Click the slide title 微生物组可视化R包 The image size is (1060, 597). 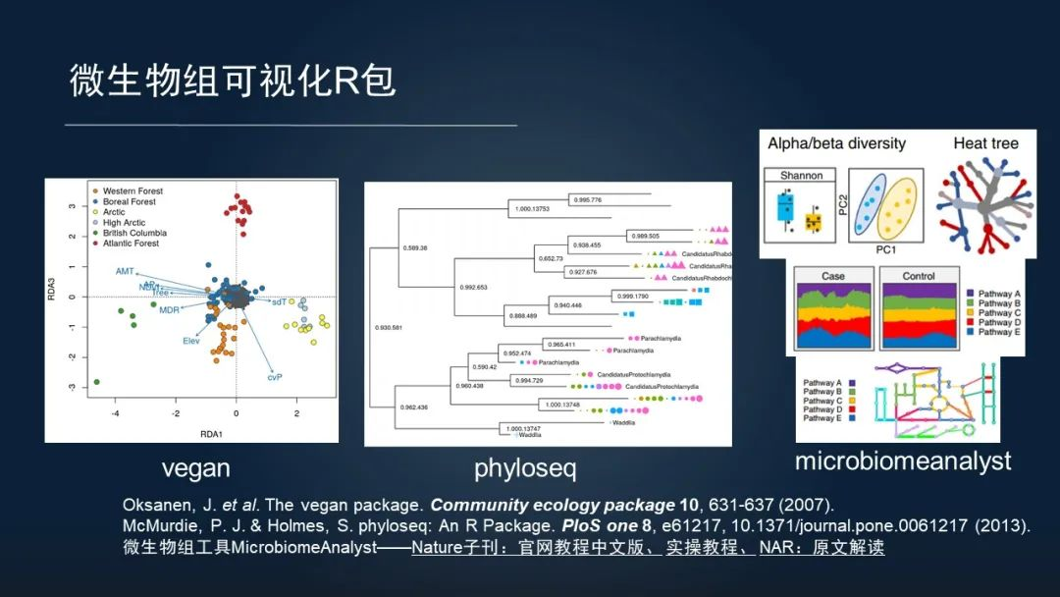[x=233, y=81]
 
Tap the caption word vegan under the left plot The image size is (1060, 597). [x=195, y=468]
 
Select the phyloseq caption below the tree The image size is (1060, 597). [x=525, y=468]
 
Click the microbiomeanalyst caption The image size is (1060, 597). [x=903, y=461]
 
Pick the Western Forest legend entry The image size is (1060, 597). [x=132, y=190]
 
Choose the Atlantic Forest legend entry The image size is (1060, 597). [x=133, y=244]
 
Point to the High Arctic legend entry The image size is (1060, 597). [x=127, y=223]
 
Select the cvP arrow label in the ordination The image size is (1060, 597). [x=275, y=377]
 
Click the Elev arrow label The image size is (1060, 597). [x=191, y=341]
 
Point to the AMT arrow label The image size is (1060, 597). [x=125, y=271]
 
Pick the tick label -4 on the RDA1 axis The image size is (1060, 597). [x=114, y=414]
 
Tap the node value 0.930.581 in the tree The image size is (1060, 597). [x=389, y=325]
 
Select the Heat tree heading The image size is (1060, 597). [x=985, y=143]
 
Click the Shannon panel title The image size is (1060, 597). [x=800, y=176]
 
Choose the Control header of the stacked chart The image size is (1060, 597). [x=919, y=276]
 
